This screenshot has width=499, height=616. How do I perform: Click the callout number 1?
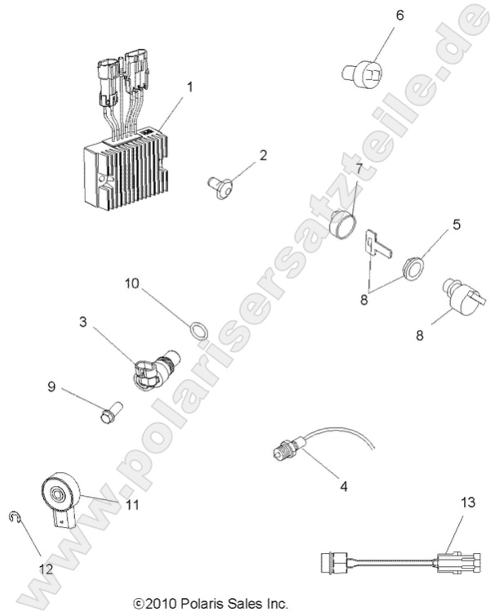[189, 86]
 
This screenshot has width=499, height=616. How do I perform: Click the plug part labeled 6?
[363, 74]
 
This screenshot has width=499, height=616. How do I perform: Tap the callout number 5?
[434, 223]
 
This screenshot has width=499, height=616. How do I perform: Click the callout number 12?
[46, 568]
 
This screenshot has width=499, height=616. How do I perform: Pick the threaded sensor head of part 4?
[287, 447]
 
